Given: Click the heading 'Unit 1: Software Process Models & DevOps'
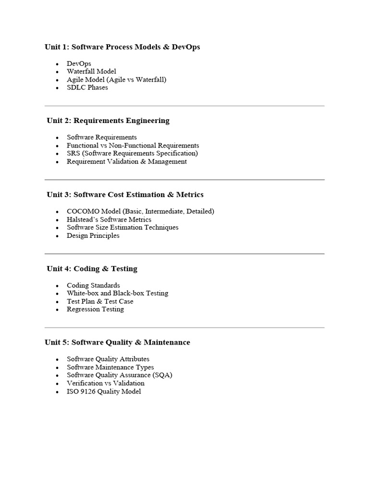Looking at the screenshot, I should point(123,47).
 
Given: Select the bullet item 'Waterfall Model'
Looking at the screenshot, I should point(91,72).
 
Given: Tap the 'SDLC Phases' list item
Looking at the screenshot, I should point(87,87).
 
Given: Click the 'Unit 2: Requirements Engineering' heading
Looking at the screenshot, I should point(108,121).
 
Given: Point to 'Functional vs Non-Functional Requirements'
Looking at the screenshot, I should point(133,145).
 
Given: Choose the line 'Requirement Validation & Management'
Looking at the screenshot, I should point(127,161).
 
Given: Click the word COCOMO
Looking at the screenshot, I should point(80,211).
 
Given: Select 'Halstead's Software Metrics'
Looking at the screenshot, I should point(109,220).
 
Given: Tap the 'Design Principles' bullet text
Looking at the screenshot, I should point(93,235).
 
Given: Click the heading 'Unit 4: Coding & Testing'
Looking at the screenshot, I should point(92,269).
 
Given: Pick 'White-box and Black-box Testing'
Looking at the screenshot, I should point(117,293).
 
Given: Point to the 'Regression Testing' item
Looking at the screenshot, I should point(95,309).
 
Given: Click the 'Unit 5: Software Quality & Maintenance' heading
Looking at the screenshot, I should point(118,343).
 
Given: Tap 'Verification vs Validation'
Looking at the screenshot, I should point(106,383).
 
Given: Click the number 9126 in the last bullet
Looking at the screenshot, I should point(88,392).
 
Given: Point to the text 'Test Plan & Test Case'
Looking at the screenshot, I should point(100,301).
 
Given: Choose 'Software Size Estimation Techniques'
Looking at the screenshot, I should point(123,227).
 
